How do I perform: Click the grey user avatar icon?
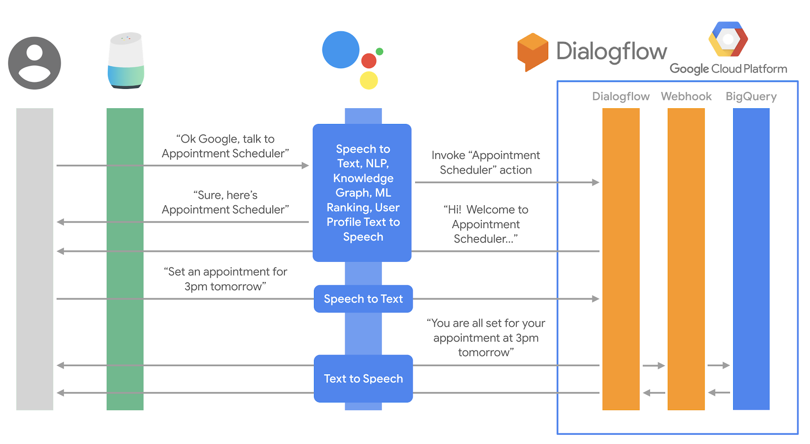point(34,63)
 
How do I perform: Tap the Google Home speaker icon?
point(126,61)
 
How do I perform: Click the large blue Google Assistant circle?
point(341,50)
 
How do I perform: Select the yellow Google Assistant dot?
point(369,80)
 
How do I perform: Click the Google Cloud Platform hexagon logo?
point(728,39)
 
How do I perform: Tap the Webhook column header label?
point(686,97)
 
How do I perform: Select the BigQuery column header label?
point(751,97)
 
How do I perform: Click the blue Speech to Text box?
point(363,299)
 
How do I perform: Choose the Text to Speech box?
point(363,379)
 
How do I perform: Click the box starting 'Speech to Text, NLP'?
point(362,193)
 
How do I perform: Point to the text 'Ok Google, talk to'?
point(225,139)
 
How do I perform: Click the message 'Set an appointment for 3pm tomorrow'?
point(225,279)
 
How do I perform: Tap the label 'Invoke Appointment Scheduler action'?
point(485,162)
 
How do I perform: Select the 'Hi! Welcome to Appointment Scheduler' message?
point(485,224)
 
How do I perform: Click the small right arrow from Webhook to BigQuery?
point(718,365)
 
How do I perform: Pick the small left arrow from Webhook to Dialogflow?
point(654,392)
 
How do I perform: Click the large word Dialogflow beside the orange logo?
point(612,52)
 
